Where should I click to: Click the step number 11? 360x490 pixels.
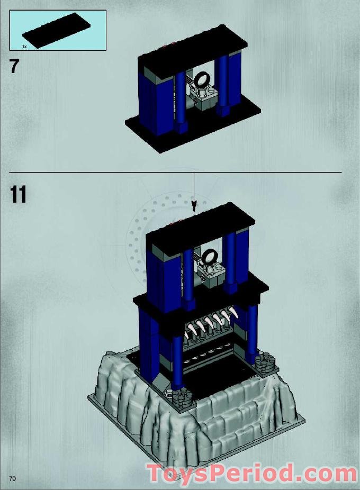click(x=18, y=194)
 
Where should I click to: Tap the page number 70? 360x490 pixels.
click(x=12, y=478)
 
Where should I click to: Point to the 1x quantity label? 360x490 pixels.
click(x=24, y=47)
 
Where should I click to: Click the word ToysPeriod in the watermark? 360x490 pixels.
click(x=220, y=473)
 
